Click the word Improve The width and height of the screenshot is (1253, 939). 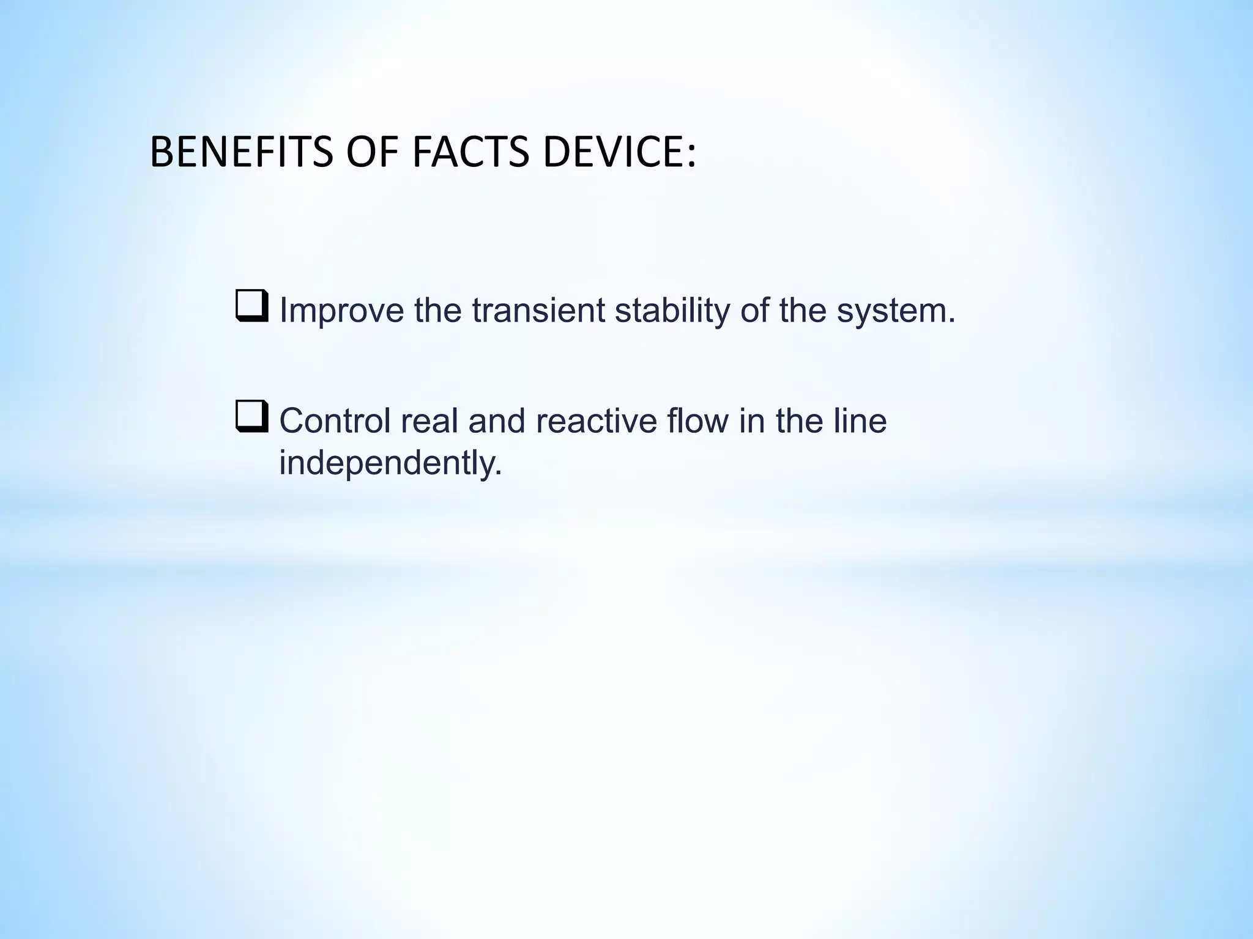click(x=341, y=311)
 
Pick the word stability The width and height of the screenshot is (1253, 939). click(x=672, y=311)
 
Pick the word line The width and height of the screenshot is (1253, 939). click(x=857, y=421)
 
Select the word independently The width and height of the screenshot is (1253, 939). click(x=390, y=463)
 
